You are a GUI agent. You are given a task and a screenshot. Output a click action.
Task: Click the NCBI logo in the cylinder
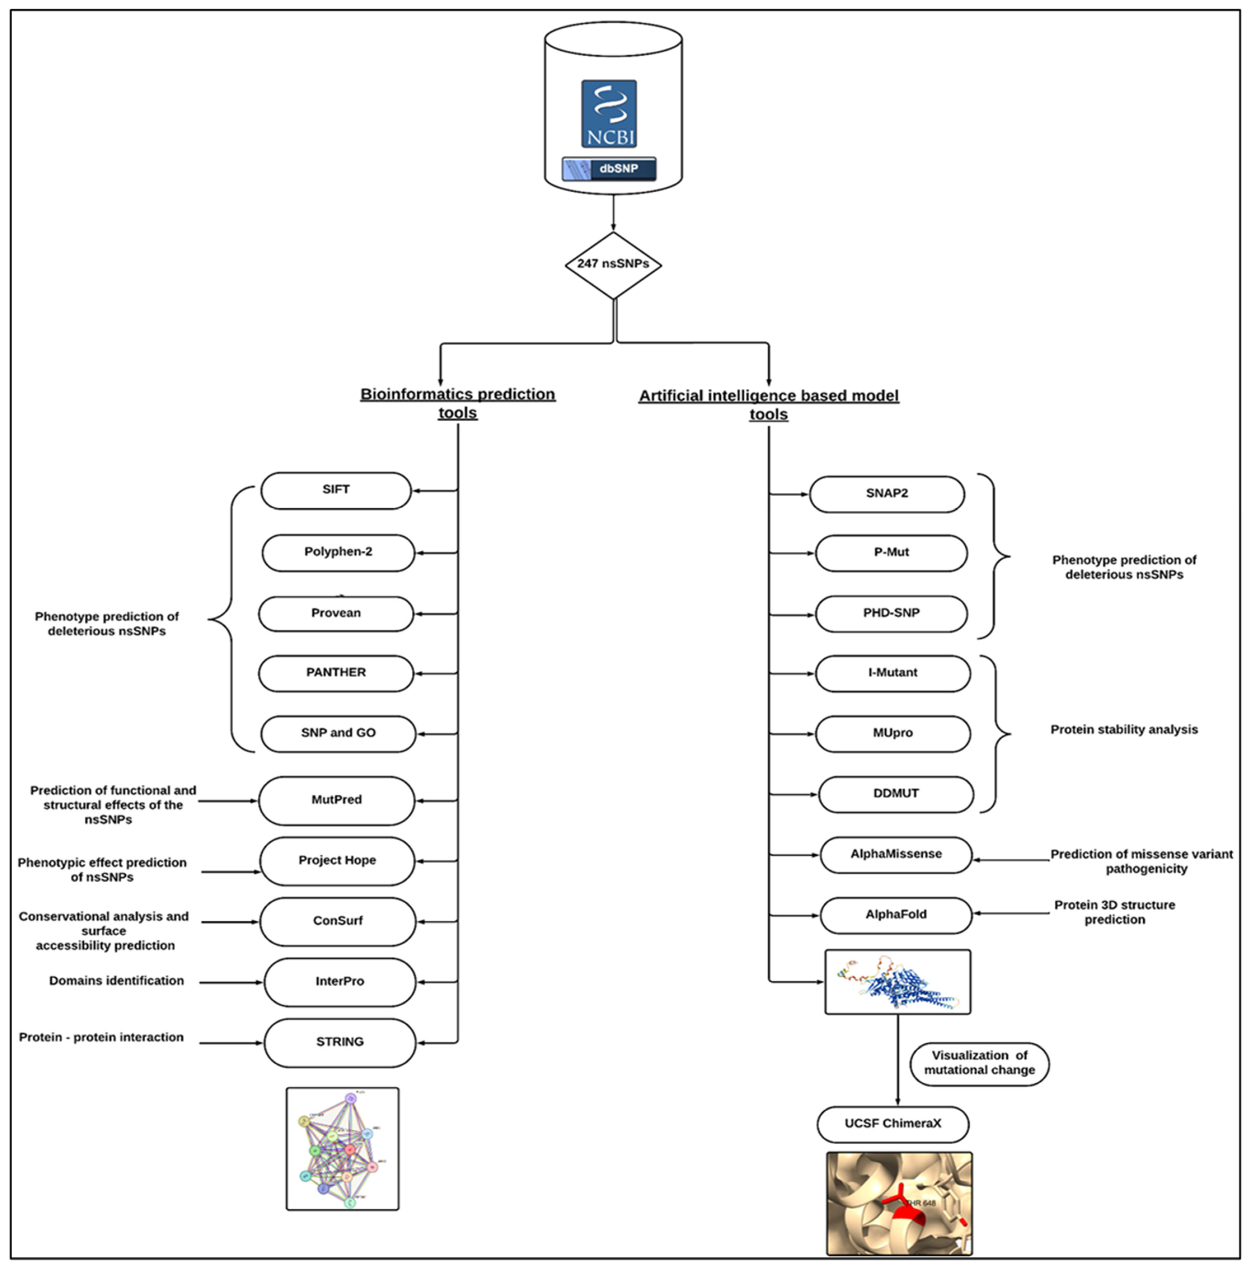[608, 114]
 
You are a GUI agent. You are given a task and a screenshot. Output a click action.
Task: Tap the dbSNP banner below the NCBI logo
[608, 169]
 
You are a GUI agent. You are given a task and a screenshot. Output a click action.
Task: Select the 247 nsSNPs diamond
[613, 264]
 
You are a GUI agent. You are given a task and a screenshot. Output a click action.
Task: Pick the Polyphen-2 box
[338, 552]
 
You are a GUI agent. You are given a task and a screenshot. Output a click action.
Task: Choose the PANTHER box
[336, 673]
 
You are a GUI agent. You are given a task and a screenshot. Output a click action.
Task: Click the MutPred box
[336, 800]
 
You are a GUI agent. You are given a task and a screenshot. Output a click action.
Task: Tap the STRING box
[339, 1042]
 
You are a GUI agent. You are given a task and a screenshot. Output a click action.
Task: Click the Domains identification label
[116, 981]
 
